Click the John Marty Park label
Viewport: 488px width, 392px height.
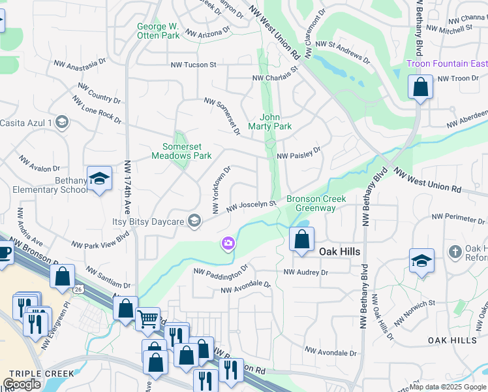pyautogui.click(x=269, y=122)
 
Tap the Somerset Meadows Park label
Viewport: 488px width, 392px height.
pyautogui.click(x=181, y=152)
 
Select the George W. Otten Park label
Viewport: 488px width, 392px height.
pyautogui.click(x=158, y=31)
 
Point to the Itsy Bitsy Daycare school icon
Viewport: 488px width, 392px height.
pyautogui.click(x=194, y=221)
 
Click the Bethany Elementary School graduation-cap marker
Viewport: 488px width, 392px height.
pyautogui.click(x=99, y=180)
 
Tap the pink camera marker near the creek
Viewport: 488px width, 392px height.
pyautogui.click(x=228, y=244)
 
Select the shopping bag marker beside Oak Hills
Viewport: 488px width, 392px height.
pyautogui.click(x=301, y=240)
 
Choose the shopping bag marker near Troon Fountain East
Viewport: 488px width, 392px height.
pyautogui.click(x=421, y=88)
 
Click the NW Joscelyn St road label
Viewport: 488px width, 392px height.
pyautogui.click(x=252, y=206)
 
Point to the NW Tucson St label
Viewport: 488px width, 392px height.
pyautogui.click(x=193, y=65)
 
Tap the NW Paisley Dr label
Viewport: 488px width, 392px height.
pyautogui.click(x=299, y=154)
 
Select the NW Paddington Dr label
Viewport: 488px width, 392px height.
pyautogui.click(x=221, y=270)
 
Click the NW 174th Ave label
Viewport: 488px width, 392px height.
pyautogui.click(x=128, y=187)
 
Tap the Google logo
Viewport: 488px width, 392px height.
pyautogui.click(x=22, y=384)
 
